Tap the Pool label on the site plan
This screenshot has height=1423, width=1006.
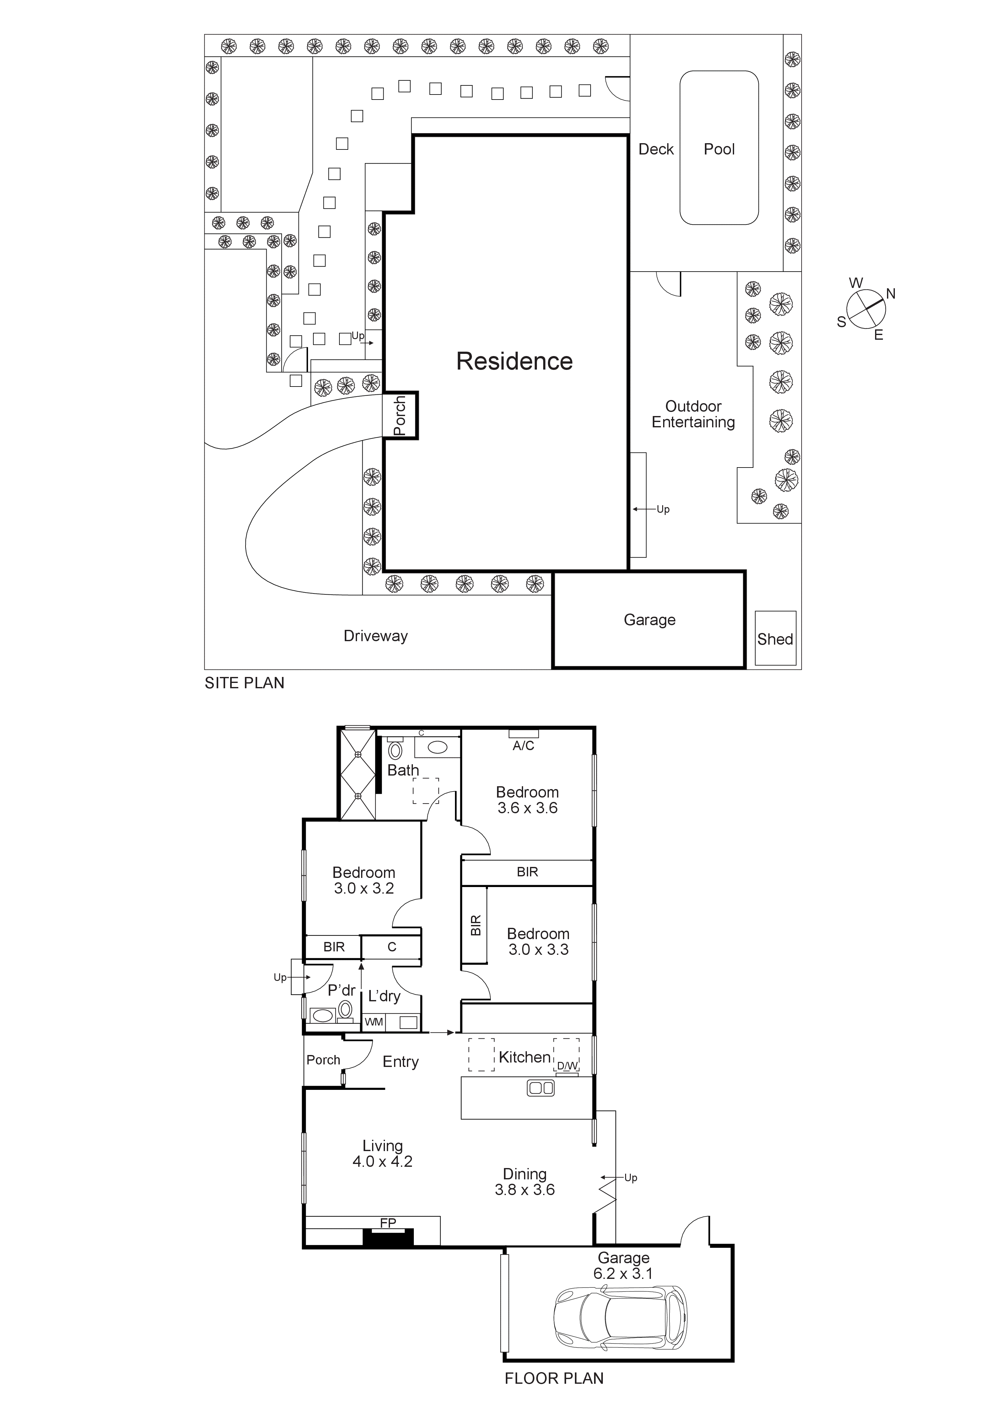pos(719,149)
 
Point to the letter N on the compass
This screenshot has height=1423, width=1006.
pos(891,294)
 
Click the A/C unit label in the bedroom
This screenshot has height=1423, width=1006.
pos(523,746)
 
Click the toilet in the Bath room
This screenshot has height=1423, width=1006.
pos(395,750)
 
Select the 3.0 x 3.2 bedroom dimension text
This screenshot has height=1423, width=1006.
pos(364,888)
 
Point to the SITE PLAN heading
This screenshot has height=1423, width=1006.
pos(244,683)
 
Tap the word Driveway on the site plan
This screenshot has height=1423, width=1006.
pos(376,636)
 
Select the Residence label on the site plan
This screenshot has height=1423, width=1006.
pos(515,361)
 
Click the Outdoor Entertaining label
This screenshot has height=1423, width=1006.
pos(693,414)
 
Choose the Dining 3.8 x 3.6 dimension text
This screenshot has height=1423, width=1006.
pos(524,1189)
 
